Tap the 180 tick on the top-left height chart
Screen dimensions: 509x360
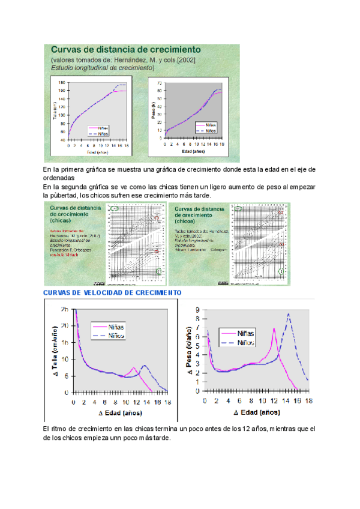point(61,82)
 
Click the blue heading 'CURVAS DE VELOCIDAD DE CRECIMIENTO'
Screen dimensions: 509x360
point(113,292)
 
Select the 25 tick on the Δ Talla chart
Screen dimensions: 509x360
point(64,309)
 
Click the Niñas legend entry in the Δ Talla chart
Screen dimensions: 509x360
point(116,327)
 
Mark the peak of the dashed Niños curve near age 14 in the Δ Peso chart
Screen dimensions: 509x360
point(289,315)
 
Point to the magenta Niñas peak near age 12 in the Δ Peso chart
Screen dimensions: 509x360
point(274,329)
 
